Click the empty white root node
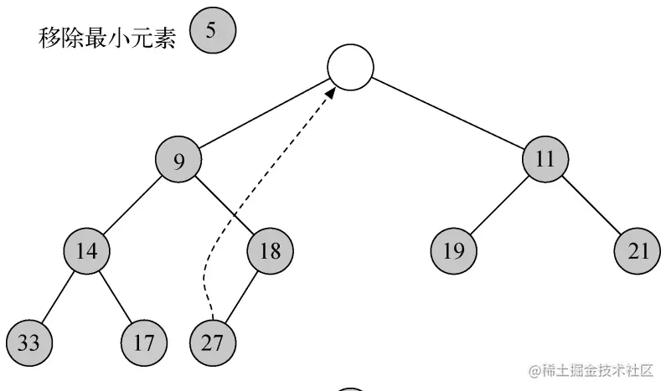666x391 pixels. tap(350, 66)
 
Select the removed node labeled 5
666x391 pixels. tap(212, 31)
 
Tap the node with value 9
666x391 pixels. tap(179, 159)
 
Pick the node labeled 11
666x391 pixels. tap(545, 159)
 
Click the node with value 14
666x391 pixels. tap(87, 250)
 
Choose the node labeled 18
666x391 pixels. tap(271, 250)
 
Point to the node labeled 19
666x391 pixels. tap(453, 250)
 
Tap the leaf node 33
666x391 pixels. tap(28, 342)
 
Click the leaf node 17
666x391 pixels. tap(144, 342)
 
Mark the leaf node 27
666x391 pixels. tap(213, 342)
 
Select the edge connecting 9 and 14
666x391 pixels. tap(133, 204)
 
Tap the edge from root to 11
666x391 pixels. tap(448, 113)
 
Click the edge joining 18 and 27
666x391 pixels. tap(242, 296)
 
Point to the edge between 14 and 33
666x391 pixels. tap(58, 296)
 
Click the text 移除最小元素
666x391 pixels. tap(107, 38)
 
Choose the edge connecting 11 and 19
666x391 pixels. tap(499, 204)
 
